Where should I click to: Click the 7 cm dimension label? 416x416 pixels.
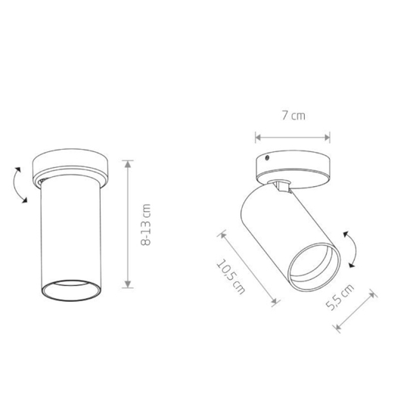293,116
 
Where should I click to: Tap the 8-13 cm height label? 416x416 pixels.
146,225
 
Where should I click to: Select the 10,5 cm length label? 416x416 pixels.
231,277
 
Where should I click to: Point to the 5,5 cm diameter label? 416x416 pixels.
340,297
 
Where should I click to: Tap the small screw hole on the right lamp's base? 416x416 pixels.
268,158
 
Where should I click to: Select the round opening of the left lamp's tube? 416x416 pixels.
71,290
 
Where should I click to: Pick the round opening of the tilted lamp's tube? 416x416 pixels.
314,267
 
